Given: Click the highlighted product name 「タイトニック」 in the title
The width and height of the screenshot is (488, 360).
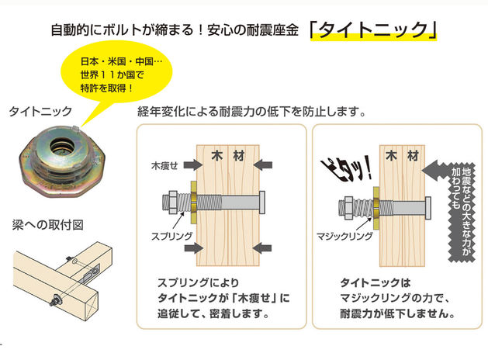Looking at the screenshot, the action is click(x=373, y=30).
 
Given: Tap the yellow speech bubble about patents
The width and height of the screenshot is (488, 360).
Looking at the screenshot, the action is click(x=116, y=73).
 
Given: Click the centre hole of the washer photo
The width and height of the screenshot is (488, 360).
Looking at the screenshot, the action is click(x=63, y=145).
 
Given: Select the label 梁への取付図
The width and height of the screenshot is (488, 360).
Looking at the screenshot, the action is click(x=47, y=225).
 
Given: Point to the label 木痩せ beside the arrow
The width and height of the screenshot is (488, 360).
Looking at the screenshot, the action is click(x=164, y=166).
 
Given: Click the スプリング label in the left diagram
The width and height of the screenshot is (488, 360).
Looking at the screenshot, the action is click(x=171, y=236).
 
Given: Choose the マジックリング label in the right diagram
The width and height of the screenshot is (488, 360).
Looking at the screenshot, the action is click(x=344, y=236).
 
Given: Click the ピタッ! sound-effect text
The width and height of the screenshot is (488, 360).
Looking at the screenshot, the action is click(x=346, y=169).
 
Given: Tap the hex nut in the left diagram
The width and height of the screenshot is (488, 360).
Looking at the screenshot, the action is click(x=173, y=202).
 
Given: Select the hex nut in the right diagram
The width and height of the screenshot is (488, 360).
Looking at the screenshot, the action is click(x=348, y=207).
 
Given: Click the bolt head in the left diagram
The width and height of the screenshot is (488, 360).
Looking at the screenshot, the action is click(x=262, y=202).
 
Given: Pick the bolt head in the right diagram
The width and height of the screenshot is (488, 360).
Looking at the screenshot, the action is click(x=428, y=208).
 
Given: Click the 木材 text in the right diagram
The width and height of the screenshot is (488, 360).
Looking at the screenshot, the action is click(x=402, y=156).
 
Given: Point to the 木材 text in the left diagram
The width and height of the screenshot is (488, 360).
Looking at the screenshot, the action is click(x=228, y=156).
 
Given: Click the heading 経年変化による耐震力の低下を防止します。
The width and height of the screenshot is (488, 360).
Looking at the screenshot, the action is click(x=251, y=112).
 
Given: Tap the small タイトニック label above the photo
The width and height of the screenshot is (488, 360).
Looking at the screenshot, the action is click(x=40, y=111).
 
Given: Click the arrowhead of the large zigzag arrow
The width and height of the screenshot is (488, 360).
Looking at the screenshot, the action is click(x=431, y=170).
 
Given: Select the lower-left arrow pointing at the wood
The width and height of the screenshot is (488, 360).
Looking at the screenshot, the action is click(x=194, y=248).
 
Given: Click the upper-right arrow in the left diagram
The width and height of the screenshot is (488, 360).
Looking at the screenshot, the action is click(x=263, y=165).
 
